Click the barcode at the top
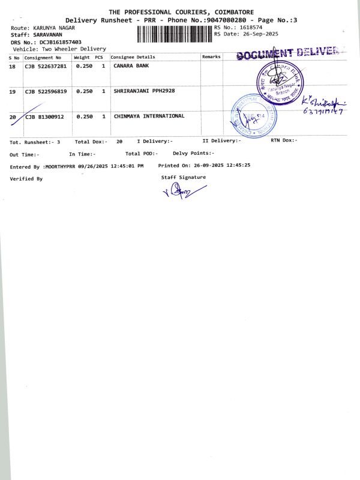(174, 34)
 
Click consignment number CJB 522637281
(46, 66)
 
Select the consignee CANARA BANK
(131, 66)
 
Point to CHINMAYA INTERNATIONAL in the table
(149, 116)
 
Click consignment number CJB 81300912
(44, 116)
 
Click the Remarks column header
(211, 57)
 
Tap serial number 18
(13, 66)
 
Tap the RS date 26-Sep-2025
(254, 34)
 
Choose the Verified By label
(26, 179)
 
